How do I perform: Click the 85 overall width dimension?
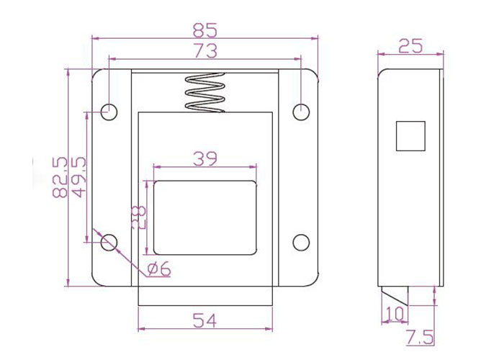coord(205,30)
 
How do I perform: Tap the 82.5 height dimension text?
coord(60,177)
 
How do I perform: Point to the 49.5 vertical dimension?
coord(78,177)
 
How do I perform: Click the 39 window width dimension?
coord(205,159)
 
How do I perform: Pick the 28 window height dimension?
coord(139,217)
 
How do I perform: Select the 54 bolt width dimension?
coord(204,320)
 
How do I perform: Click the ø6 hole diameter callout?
coord(159,269)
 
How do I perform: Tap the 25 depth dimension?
coord(410,46)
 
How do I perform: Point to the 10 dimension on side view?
coord(395,314)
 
